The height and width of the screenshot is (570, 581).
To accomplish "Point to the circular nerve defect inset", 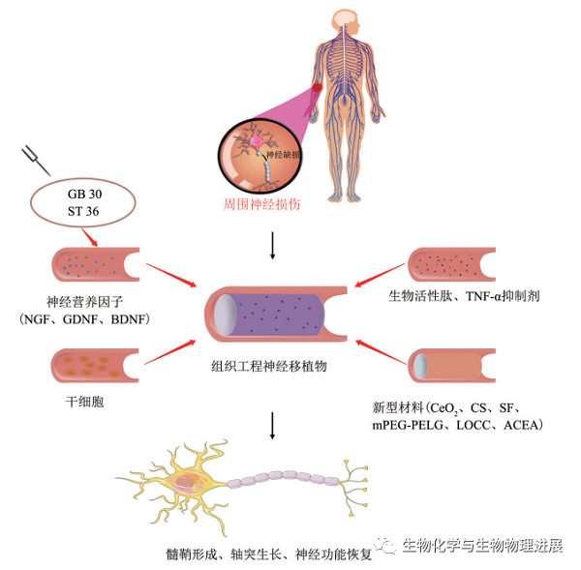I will click(255, 155).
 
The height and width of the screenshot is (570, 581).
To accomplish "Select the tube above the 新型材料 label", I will click(455, 365).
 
